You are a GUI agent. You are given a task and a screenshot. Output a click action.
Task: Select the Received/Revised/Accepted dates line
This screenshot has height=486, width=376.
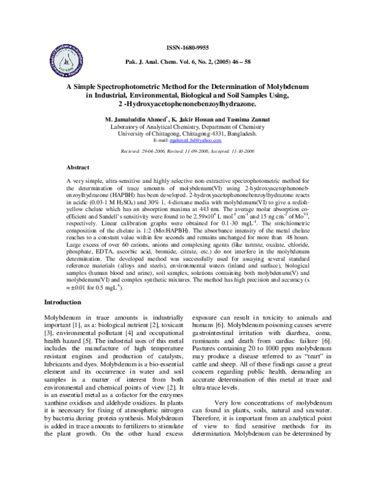pos(187,151)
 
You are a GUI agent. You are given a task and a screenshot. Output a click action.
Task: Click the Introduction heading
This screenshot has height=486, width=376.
pos(63,302)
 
